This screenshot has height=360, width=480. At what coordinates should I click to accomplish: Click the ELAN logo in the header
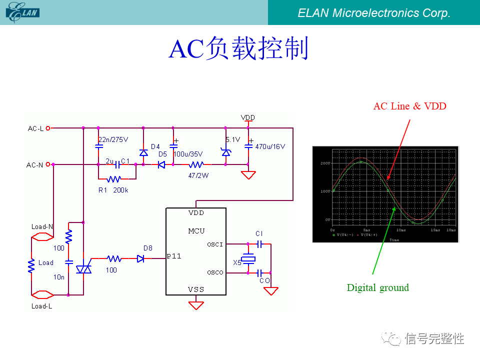tap(22, 12)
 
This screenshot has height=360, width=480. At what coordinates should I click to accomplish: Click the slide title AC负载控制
tap(239, 49)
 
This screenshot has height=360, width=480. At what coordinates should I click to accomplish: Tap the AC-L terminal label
tap(35, 128)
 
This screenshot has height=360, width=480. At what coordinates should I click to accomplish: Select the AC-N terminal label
tap(35, 164)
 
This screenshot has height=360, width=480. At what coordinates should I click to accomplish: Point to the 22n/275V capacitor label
tap(113, 139)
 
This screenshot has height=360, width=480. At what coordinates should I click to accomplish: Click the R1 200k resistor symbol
tap(114, 178)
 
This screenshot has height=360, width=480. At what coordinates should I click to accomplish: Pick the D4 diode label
tap(155, 146)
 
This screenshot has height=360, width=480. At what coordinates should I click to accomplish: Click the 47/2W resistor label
tap(198, 175)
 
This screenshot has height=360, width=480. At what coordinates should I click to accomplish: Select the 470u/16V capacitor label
tap(270, 146)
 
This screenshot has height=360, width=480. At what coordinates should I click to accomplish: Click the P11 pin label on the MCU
tap(174, 256)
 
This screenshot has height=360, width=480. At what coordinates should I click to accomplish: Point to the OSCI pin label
tap(215, 244)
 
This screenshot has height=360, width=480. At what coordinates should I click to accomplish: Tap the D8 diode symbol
tap(141, 258)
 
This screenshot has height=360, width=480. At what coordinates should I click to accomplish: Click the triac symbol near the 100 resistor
tap(83, 269)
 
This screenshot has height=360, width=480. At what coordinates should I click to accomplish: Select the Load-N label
tap(42, 226)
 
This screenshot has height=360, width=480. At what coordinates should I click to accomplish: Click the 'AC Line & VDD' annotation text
tap(409, 106)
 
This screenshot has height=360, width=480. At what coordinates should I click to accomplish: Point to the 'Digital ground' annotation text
tap(377, 287)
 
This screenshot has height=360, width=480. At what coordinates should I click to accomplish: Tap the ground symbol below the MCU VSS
tap(196, 304)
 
